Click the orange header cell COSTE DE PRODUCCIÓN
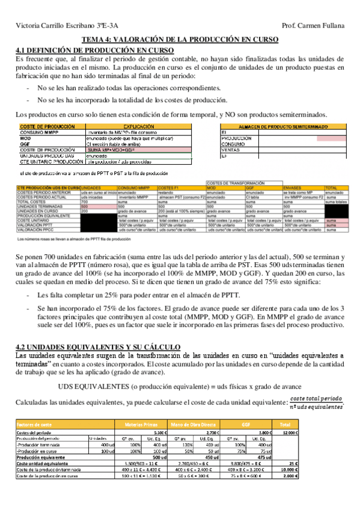pyautogui.click(x=48, y=127)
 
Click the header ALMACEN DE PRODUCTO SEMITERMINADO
pyautogui.click(x=283, y=127)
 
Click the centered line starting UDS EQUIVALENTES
pyautogui.click(x=180, y=386)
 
